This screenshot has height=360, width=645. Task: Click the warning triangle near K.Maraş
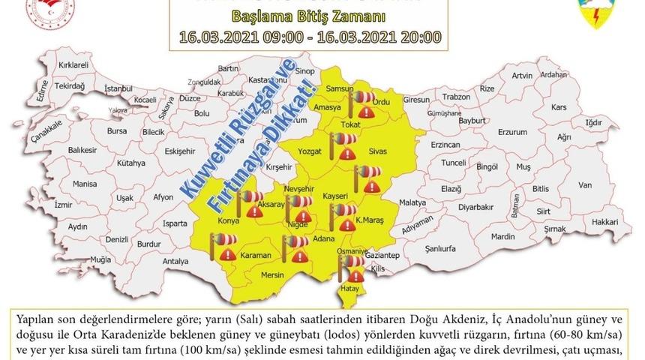(x=346, y=224)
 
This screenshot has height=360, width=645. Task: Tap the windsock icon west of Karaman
(x=223, y=241)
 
